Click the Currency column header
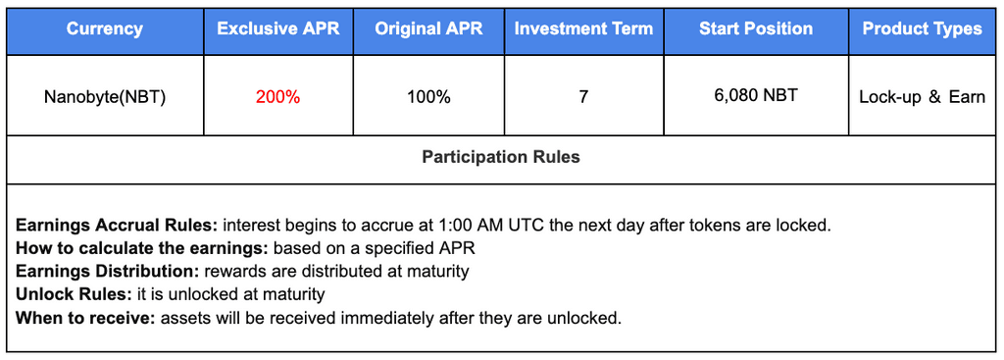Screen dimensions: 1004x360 [105, 28]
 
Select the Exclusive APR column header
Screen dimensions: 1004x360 [277, 28]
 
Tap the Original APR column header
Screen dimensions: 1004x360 [429, 28]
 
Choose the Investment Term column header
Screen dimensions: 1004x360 [584, 28]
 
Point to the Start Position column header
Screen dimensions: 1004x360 [756, 28]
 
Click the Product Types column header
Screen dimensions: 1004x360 [922, 28]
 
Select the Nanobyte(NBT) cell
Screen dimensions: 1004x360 [105, 97]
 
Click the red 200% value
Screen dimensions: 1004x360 [277, 97]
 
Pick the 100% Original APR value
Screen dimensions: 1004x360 [429, 97]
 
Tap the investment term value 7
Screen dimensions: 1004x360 [584, 97]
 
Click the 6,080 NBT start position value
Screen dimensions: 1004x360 [756, 96]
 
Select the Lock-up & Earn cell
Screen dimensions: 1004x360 [922, 97]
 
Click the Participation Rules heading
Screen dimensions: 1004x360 [501, 157]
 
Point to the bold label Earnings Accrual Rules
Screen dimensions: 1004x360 [118, 226]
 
